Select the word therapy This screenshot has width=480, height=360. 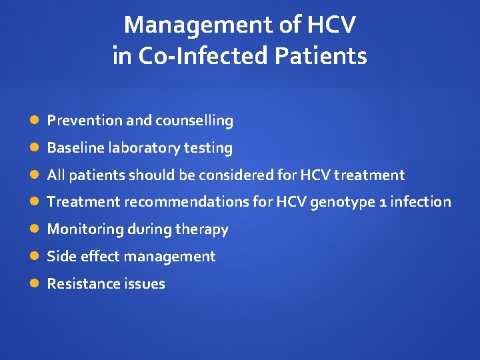pos(202,229)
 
